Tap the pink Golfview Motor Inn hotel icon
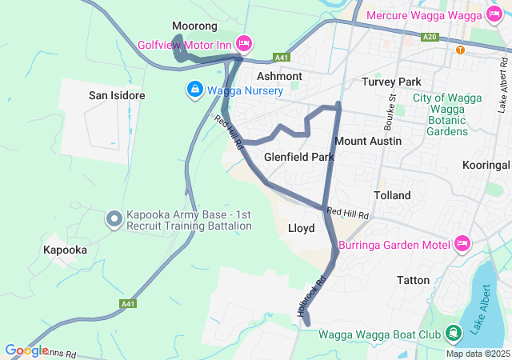point(244,42)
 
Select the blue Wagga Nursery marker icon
point(194,90)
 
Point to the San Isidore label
point(117,95)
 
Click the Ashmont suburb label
point(279,76)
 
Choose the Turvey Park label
point(391,82)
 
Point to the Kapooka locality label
point(65,250)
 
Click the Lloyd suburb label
point(301,228)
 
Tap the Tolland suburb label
point(392,195)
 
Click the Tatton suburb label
point(413,280)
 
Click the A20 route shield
point(430,37)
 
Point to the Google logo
point(26,350)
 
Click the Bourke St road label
point(391,113)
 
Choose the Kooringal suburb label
point(486,165)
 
